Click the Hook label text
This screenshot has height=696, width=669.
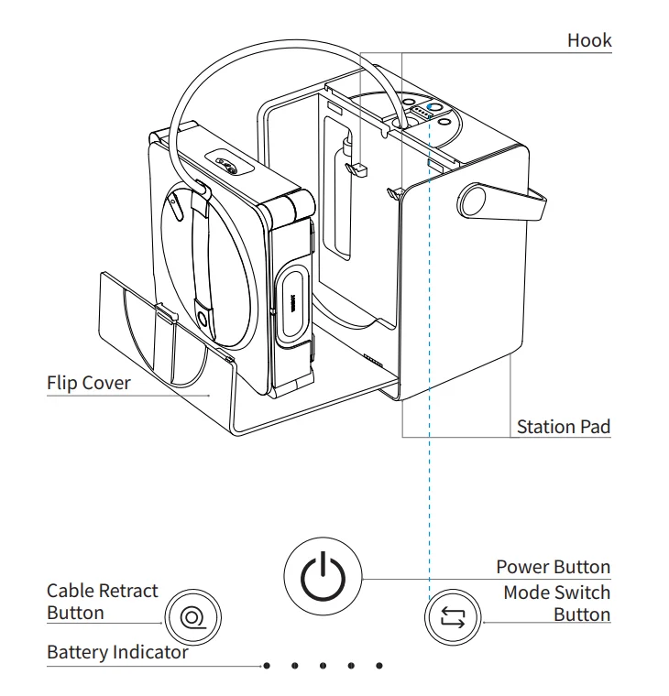589,40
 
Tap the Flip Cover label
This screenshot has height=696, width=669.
89,382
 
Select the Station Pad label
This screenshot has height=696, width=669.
563,426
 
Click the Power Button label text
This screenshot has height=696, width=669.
553,567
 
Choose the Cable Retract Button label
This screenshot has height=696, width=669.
103,602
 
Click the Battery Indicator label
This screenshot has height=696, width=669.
117,652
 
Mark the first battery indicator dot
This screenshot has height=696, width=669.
266,666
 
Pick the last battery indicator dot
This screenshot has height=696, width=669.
379,666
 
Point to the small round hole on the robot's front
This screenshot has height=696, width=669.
200,318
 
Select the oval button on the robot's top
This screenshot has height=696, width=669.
225,163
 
